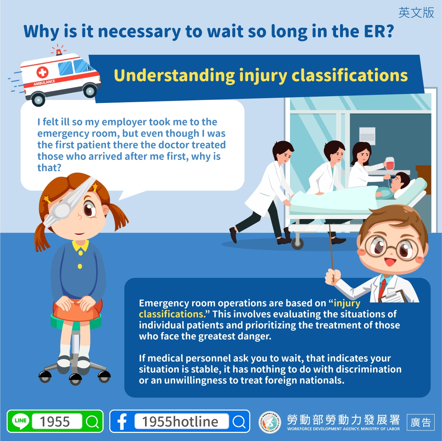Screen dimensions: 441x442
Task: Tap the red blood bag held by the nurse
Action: pos(390,164)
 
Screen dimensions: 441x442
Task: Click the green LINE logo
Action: pos(21,421)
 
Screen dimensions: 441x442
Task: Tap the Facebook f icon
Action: pos(122,422)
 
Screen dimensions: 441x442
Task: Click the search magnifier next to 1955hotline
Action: pos(239,422)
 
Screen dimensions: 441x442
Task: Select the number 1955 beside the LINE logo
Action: pos(55,422)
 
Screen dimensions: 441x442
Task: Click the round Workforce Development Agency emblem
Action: pos(270,422)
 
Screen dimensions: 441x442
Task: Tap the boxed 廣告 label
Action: pos(420,422)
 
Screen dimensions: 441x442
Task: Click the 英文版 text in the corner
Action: pos(416,12)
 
